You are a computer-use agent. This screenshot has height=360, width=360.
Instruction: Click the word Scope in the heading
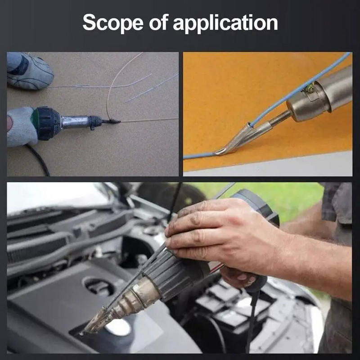pos(113,22)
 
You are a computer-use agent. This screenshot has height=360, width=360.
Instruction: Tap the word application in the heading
pos(225,22)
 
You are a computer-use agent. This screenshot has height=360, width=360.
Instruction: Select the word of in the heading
pos(159,22)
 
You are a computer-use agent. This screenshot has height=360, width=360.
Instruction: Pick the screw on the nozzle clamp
pos(310,88)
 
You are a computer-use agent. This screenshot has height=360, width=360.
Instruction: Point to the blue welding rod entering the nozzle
pos(298,90)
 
